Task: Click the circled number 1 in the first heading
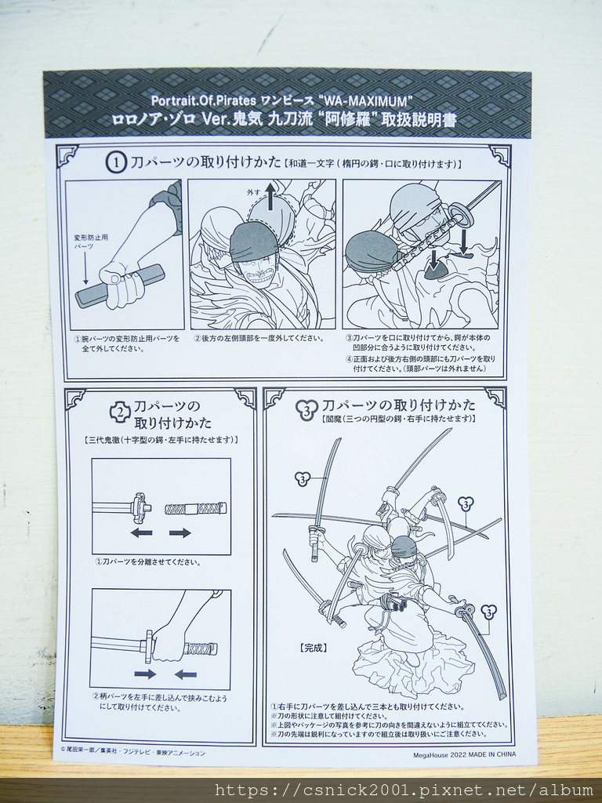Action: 116,162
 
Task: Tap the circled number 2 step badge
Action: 120,411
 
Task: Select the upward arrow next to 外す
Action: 270,197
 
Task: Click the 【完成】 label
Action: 314,648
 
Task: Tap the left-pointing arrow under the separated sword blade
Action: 141,532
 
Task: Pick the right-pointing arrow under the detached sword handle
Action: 180,532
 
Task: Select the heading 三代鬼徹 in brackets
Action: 161,440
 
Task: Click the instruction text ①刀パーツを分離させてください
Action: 148,561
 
